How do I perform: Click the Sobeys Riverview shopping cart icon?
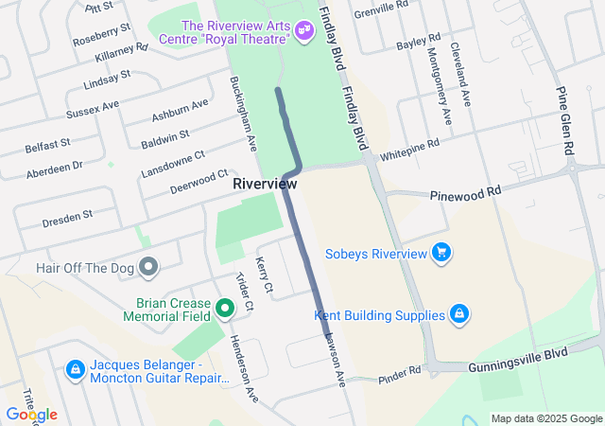pos(441,253)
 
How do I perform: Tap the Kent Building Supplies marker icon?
pos(458,314)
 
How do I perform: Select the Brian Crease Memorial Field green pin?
pos(225,309)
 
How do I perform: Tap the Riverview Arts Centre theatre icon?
pos(303,31)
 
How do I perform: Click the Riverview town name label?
pos(265,183)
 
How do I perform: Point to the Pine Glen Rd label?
pos(565,123)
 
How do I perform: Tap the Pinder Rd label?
pos(399,373)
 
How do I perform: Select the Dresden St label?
pos(66,219)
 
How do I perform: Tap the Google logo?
pos(31,415)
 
